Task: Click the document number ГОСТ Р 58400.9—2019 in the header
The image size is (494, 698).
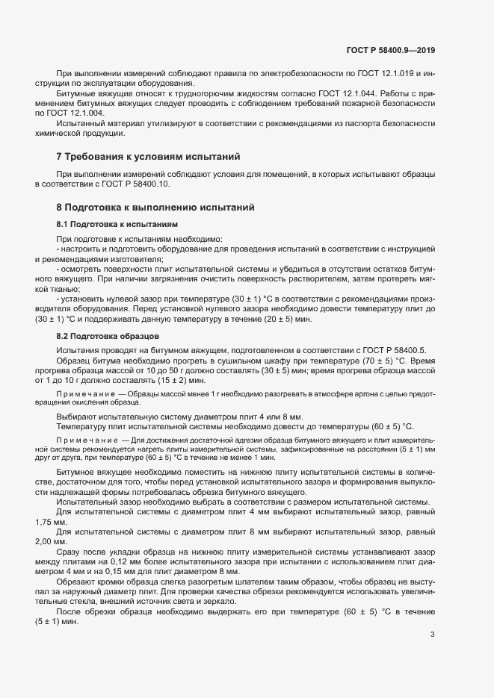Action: pyautogui.click(x=391, y=50)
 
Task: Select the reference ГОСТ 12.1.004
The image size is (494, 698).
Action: pyautogui.click(x=76, y=112)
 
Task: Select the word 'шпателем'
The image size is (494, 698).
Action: pyautogui.click(x=217, y=580)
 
